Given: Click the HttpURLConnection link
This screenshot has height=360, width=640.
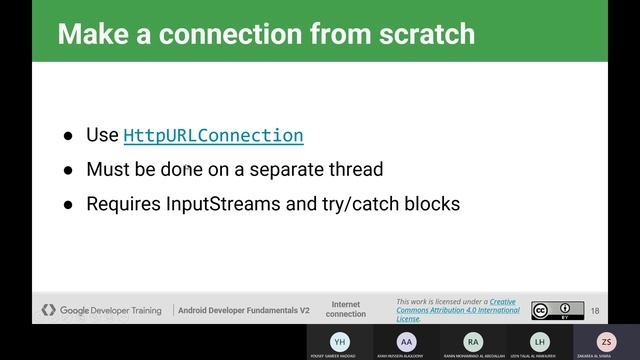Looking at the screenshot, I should point(213,135).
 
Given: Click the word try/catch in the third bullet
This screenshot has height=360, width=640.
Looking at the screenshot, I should point(361,203).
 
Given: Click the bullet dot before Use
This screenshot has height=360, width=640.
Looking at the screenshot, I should point(68,136).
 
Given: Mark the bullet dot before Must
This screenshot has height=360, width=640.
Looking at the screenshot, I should point(68,170).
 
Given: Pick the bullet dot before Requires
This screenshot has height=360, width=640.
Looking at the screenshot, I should point(68,204).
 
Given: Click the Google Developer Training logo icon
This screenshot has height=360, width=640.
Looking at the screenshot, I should point(48,310).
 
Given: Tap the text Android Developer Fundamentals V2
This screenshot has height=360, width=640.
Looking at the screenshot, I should point(244,310).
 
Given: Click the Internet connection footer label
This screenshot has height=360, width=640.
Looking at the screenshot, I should point(346,309).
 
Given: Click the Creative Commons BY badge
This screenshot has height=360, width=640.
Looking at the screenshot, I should point(557,310).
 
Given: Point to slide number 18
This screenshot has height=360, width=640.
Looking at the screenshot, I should point(595,310).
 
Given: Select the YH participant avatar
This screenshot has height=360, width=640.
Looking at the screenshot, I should point(340,341).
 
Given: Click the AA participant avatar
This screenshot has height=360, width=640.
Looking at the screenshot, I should point(406,341).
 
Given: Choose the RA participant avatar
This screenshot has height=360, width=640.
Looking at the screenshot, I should point(473,341).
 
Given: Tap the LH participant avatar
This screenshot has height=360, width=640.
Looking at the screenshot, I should point(540,341).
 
